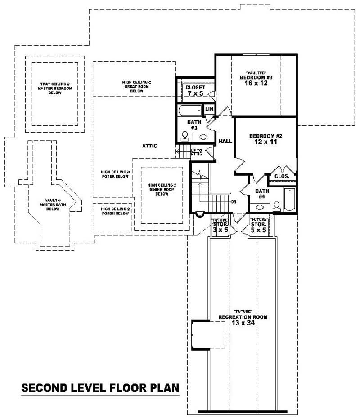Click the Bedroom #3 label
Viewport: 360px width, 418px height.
[x=256, y=77]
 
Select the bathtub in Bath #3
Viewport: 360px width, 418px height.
[x=189, y=111]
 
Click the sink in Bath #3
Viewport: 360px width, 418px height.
[x=202, y=137]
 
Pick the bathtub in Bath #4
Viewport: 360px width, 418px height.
[x=290, y=199]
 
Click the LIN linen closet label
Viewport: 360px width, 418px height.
[x=209, y=109]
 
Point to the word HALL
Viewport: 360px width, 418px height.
[x=225, y=141]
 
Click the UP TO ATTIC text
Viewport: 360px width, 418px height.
[x=197, y=152]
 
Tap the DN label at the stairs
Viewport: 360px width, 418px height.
[x=234, y=202]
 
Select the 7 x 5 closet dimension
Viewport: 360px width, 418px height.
[x=195, y=93]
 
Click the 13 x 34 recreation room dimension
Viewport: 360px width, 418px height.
[x=243, y=323]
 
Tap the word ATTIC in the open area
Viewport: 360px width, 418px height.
[x=149, y=146]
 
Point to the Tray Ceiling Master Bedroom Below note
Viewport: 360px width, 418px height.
[x=54, y=88]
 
